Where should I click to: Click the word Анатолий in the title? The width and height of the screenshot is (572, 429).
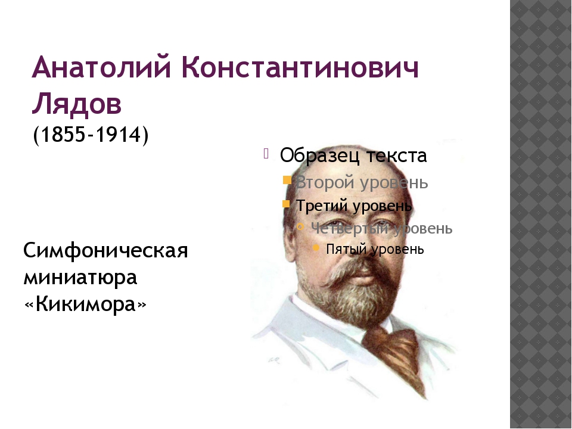click(x=101, y=67)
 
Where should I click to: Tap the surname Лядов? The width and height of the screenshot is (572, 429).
click(x=77, y=104)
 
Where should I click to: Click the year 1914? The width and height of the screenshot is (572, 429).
click(x=118, y=134)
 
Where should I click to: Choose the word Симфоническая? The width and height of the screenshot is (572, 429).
click(x=105, y=251)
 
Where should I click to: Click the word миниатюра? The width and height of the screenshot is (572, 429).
click(x=80, y=278)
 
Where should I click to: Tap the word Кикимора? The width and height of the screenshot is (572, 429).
click(x=85, y=304)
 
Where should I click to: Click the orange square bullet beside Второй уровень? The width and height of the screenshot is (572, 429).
click(x=287, y=180)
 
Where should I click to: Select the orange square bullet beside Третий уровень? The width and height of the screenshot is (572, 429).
click(x=287, y=203)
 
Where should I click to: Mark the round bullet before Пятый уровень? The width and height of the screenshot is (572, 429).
click(x=316, y=248)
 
